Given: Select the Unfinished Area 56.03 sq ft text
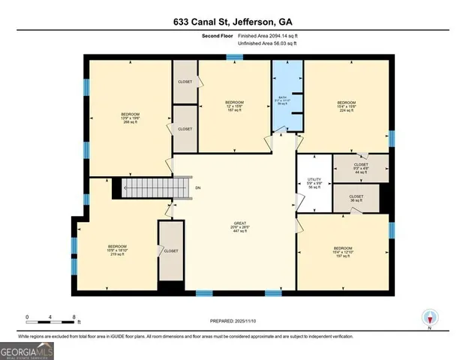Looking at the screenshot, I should [x=267, y=43].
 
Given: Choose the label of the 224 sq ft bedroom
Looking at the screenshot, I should [x=346, y=106].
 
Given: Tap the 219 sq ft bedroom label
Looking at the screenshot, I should [x=117, y=250].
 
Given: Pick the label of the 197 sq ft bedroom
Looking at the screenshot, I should [x=343, y=251].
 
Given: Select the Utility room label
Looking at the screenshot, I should [x=314, y=183].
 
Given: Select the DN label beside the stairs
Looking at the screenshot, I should [x=197, y=187].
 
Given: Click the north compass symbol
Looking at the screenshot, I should [x=429, y=318].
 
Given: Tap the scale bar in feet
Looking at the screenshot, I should [x=50, y=320].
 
